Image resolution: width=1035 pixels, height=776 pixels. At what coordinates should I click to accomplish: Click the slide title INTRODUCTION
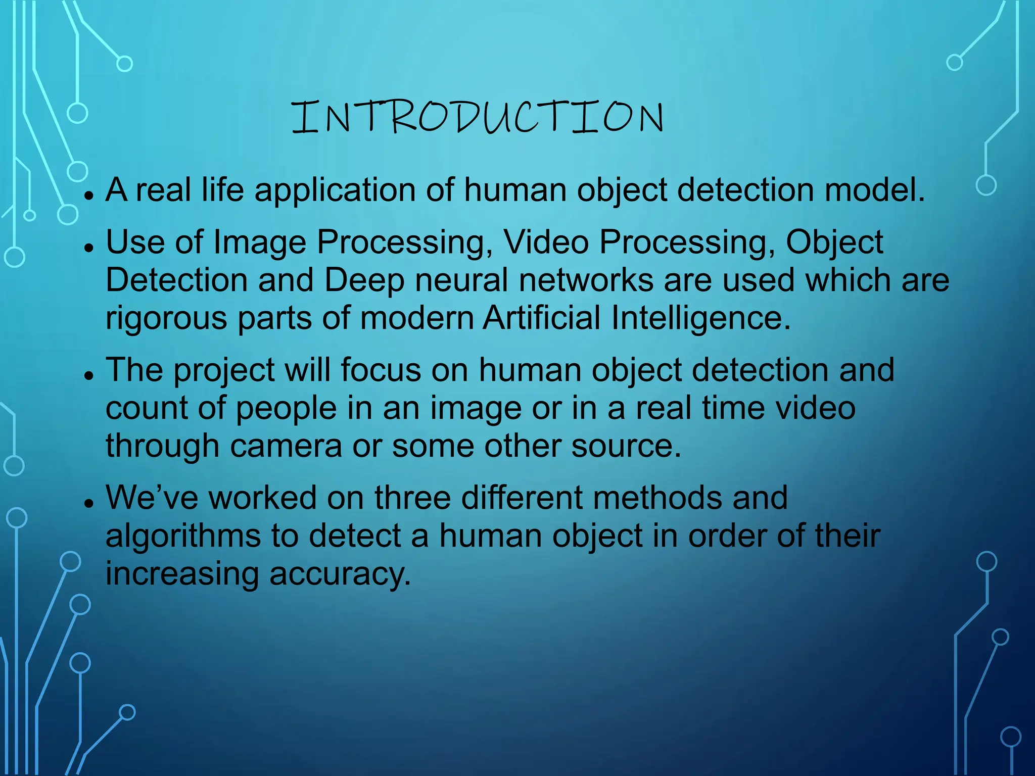point(478,117)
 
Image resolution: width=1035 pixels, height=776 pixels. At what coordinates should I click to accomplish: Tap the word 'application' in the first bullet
point(335,191)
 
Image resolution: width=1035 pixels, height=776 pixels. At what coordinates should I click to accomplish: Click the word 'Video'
point(546,242)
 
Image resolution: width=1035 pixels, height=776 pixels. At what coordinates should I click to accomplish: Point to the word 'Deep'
point(364,281)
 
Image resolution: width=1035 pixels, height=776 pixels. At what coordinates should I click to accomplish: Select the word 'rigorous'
point(166,319)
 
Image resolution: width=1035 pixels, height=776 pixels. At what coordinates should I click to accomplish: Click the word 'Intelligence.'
point(701,319)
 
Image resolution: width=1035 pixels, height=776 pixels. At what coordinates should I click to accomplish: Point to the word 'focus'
point(381,370)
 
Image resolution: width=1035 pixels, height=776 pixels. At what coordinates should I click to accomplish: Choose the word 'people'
point(286,409)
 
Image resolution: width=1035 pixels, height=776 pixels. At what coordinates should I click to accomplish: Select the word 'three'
point(412,498)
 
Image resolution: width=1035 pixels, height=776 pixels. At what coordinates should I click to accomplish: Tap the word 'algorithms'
point(183,537)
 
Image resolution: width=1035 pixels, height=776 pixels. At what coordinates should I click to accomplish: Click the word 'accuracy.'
point(340,574)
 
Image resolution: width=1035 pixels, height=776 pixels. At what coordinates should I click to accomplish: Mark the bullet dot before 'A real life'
point(89,196)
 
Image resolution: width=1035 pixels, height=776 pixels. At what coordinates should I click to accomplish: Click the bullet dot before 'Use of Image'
point(89,248)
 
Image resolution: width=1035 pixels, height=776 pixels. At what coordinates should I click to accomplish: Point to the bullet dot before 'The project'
point(89,375)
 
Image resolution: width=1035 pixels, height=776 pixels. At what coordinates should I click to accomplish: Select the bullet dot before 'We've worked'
point(89,503)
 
